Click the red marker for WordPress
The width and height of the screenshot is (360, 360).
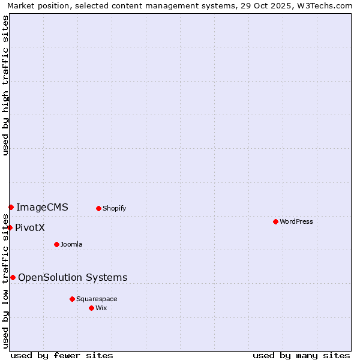pos(275,221)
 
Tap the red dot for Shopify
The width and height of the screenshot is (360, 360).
pos(98,208)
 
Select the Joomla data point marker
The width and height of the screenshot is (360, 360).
pos(56,244)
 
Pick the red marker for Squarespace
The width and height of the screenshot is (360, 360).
pos(72,299)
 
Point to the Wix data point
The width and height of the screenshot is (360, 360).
pos(91,308)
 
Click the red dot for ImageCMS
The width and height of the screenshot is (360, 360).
pos(11,207)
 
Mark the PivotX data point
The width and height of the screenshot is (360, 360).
pos(10,227)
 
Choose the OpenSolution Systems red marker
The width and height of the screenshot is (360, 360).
pos(13,277)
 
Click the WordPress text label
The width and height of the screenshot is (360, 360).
pos(296,221)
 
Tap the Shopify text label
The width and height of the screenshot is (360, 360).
pos(115,208)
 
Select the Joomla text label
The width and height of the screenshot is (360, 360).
pos(71,244)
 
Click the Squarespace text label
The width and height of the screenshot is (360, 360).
pos(97,299)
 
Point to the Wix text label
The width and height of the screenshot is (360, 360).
pos(101,308)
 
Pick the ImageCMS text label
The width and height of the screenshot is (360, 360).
pos(42,208)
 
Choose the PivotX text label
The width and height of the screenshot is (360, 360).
pos(30,228)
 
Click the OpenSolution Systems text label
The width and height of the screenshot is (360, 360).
pos(73,277)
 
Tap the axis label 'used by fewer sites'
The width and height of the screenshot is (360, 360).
pos(62,355)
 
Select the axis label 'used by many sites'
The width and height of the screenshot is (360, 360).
pos(301,355)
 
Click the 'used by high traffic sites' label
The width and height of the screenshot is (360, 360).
pos(5,85)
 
